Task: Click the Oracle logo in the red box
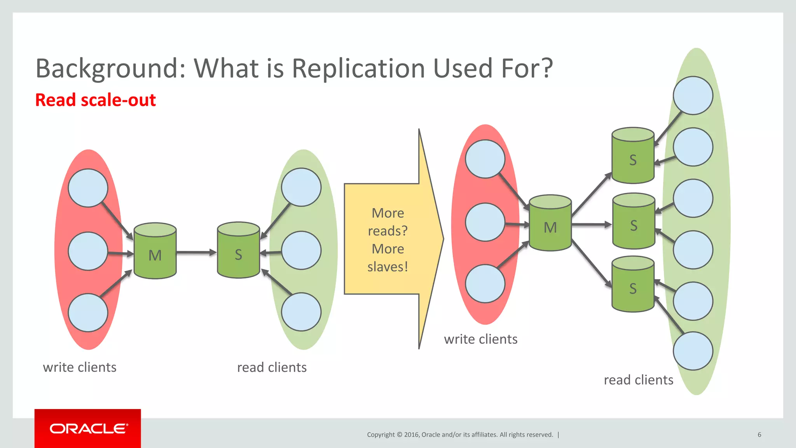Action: point(88,429)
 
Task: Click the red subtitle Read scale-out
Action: point(95,100)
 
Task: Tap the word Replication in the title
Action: point(358,68)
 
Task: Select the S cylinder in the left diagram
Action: point(238,250)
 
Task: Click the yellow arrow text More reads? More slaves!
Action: point(388,240)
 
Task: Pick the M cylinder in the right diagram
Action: point(550,223)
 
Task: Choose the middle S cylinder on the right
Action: point(634,221)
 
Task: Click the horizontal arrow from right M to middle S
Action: point(591,224)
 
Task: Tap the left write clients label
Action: point(80,367)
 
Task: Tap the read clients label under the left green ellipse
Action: point(272,367)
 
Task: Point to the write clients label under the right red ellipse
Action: point(480,339)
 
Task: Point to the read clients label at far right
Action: point(638,380)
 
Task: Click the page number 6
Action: point(759,435)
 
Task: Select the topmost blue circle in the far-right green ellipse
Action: point(693,96)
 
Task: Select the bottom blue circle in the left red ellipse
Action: point(88,313)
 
